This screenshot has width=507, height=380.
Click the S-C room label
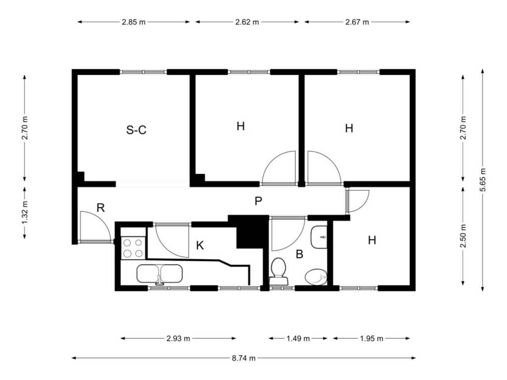136,130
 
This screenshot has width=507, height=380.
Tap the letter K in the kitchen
200,245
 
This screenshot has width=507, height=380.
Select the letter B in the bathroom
300,254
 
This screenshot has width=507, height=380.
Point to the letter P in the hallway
258,201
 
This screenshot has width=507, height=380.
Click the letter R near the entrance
101,208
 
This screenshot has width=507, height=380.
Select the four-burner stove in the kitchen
133,248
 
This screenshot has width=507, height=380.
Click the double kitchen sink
159,274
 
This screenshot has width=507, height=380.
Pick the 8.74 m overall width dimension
244,358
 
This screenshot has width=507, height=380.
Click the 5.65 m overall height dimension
482,180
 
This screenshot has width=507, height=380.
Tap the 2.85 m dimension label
134,22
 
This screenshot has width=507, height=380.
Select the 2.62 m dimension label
247,22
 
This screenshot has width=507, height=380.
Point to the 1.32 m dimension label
25,212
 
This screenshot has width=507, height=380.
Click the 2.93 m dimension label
178,338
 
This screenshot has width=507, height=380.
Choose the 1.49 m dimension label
298,338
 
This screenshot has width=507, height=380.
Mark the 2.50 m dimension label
463,236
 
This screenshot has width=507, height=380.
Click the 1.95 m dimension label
371,338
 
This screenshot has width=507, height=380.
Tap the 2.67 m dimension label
357,22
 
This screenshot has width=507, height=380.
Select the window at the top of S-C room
144,72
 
